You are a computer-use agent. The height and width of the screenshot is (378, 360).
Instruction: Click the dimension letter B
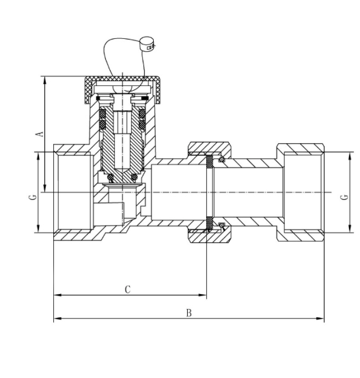coord(189,313)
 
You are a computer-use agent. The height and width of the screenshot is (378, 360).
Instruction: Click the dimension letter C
coord(128,289)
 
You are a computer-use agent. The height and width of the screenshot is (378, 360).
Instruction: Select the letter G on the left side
coord(33,197)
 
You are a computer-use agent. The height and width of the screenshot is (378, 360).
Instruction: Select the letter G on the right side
coord(344,197)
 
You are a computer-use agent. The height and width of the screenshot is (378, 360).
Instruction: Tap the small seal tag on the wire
coord(147,44)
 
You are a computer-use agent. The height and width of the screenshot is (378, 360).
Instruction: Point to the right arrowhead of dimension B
coord(320,319)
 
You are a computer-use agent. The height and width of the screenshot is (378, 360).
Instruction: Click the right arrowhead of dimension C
coord(203,295)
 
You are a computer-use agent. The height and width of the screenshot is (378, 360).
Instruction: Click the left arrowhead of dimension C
coord(57,295)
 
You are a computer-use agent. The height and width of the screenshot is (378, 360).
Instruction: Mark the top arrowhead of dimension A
coord(45,80)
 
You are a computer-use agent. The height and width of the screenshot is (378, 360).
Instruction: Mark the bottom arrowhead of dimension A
coord(45,188)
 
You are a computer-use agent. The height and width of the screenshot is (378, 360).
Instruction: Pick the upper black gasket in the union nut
coord(210,161)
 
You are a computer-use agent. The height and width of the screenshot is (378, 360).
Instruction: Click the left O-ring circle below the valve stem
coord(110,177)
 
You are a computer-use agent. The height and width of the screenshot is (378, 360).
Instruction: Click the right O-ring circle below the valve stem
coord(134,177)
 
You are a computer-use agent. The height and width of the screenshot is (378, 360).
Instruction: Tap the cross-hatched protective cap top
coord(122,79)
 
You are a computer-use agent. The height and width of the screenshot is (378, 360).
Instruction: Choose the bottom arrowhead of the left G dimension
coord(38,229)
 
